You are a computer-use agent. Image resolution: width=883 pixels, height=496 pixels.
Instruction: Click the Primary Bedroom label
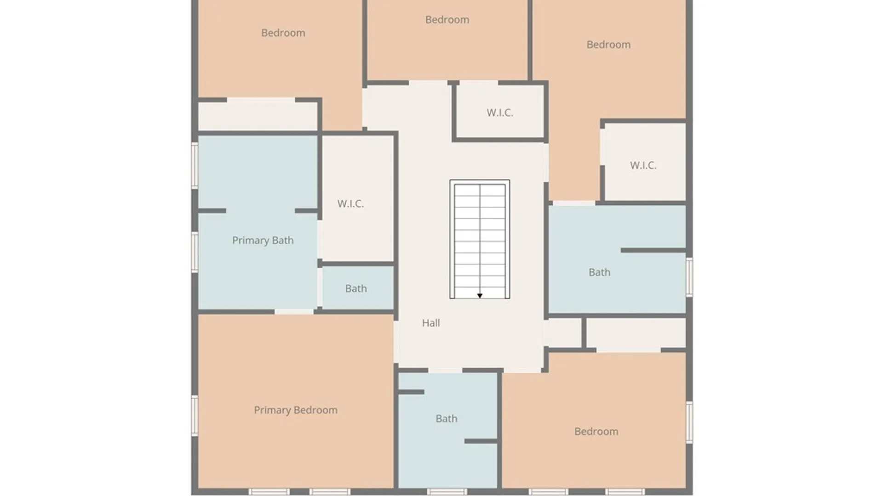point(296,410)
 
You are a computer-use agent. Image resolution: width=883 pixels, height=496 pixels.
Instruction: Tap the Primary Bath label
point(263,240)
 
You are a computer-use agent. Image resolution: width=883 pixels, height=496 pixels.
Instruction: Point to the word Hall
point(431,323)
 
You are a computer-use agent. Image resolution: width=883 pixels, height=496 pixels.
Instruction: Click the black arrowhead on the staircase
point(480,296)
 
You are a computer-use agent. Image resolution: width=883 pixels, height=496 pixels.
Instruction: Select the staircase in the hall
point(480,239)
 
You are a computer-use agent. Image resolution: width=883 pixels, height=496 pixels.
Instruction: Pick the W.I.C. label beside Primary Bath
point(350,203)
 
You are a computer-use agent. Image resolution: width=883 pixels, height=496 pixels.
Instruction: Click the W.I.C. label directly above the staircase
point(500,113)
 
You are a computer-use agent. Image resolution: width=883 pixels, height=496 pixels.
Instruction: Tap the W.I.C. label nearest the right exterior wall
point(643,165)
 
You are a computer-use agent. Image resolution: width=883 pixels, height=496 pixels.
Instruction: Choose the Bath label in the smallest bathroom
point(356,288)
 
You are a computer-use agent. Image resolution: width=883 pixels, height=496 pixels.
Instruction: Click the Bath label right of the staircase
point(599,272)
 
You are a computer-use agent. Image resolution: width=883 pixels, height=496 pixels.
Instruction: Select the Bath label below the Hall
point(446,418)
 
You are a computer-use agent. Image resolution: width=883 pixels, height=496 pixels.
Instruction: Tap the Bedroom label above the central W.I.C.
point(447,20)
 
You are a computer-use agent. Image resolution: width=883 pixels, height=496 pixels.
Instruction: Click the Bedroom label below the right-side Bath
point(596,431)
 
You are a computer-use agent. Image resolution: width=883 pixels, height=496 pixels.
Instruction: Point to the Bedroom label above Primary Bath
point(283,33)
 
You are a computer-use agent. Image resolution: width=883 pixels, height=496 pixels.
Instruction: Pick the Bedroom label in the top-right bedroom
point(608,45)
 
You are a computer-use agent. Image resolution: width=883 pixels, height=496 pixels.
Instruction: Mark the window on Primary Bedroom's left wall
point(195,416)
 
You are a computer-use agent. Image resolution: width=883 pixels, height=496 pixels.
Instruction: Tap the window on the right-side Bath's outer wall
point(689,276)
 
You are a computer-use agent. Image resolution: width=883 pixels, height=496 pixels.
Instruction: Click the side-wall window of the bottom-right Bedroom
point(689,422)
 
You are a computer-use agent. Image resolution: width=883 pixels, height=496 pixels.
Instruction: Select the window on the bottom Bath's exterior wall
point(447,492)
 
